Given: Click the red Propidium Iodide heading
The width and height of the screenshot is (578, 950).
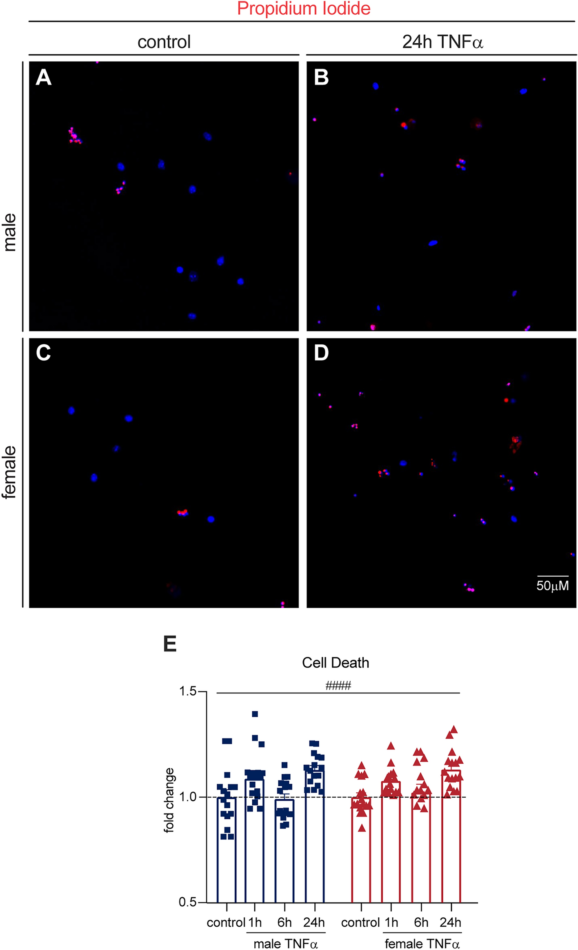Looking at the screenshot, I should click(304, 9).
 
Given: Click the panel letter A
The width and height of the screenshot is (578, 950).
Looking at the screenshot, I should click(44, 77).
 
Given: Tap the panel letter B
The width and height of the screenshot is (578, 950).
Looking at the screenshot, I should click(321, 77).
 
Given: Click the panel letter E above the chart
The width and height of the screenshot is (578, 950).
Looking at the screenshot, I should click(170, 644).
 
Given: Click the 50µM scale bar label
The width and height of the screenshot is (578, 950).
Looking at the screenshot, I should click(552, 586).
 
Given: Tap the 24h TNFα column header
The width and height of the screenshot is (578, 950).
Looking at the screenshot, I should click(442, 42).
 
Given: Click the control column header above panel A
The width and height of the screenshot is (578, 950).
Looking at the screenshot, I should click(164, 42).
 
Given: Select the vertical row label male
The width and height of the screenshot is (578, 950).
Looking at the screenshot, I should click(10, 232).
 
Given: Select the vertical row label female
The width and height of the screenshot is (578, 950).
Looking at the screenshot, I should click(10, 472).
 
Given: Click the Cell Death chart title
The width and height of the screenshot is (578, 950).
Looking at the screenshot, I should click(336, 663).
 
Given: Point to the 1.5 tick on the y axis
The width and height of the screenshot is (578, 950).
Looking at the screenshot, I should click(188, 691).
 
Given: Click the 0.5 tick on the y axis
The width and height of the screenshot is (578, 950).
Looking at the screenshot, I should click(188, 902).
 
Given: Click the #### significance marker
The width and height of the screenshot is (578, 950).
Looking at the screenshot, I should click(338, 686).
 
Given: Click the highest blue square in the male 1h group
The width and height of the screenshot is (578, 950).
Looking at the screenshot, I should click(255, 714).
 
